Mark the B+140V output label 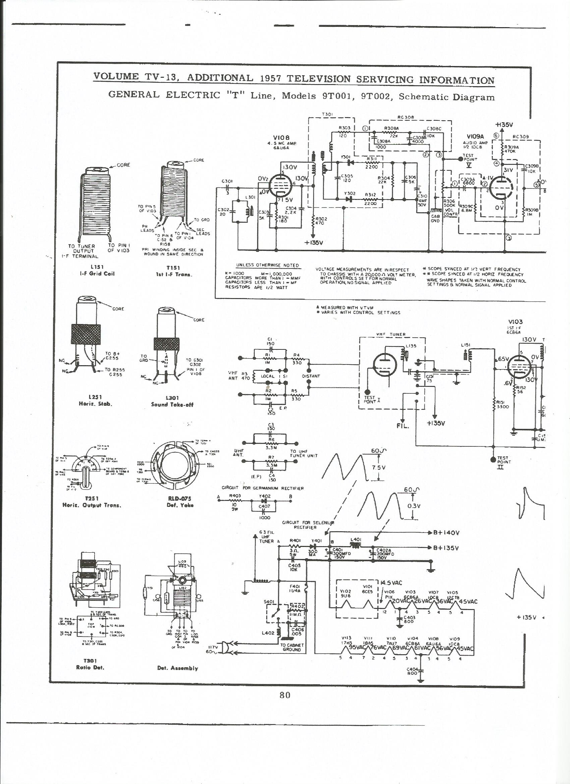click(446, 533)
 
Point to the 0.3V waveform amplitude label click(414, 506)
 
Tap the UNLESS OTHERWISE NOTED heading click(267, 266)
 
